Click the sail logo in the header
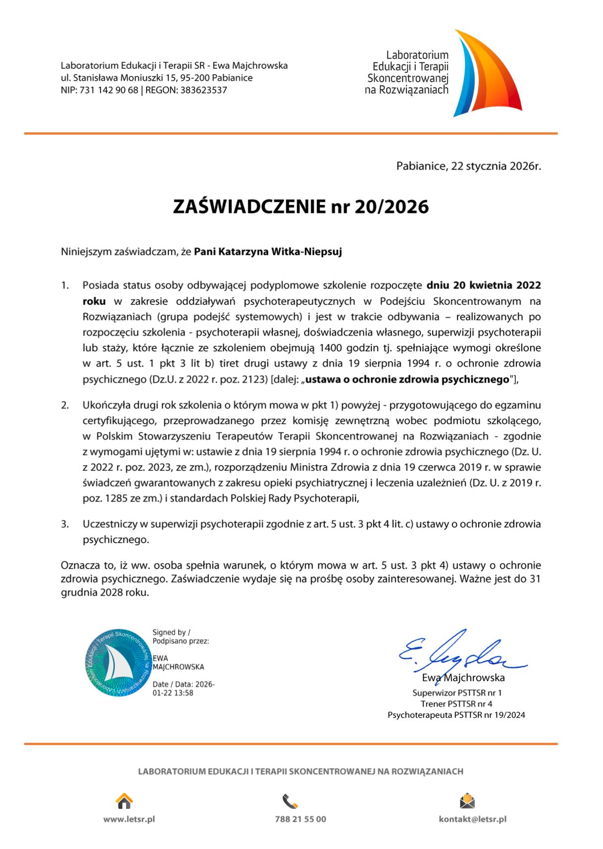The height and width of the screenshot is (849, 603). pos(488,74)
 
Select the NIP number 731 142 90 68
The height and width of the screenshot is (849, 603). pos(109,90)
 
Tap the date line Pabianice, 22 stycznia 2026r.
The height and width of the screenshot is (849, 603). pos(468,166)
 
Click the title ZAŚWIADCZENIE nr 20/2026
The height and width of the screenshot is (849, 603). pos(301,207)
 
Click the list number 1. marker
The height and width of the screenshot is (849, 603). pos(65,285)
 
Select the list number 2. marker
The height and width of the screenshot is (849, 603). pos(65,405)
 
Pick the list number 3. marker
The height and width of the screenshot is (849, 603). pos(65,524)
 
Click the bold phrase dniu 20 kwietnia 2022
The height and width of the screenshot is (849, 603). pos(484,285)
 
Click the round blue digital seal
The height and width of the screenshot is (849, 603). pos(117,663)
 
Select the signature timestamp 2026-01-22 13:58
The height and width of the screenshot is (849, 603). pos(183,689)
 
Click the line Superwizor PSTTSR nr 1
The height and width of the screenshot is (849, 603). pos(457,693)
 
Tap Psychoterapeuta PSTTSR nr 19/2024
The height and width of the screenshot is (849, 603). pos(456,715)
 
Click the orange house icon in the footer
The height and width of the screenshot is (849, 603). pos(124,800)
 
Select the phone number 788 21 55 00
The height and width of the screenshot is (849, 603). pos(301,819)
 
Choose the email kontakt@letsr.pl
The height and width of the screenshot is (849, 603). pos(472,819)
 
